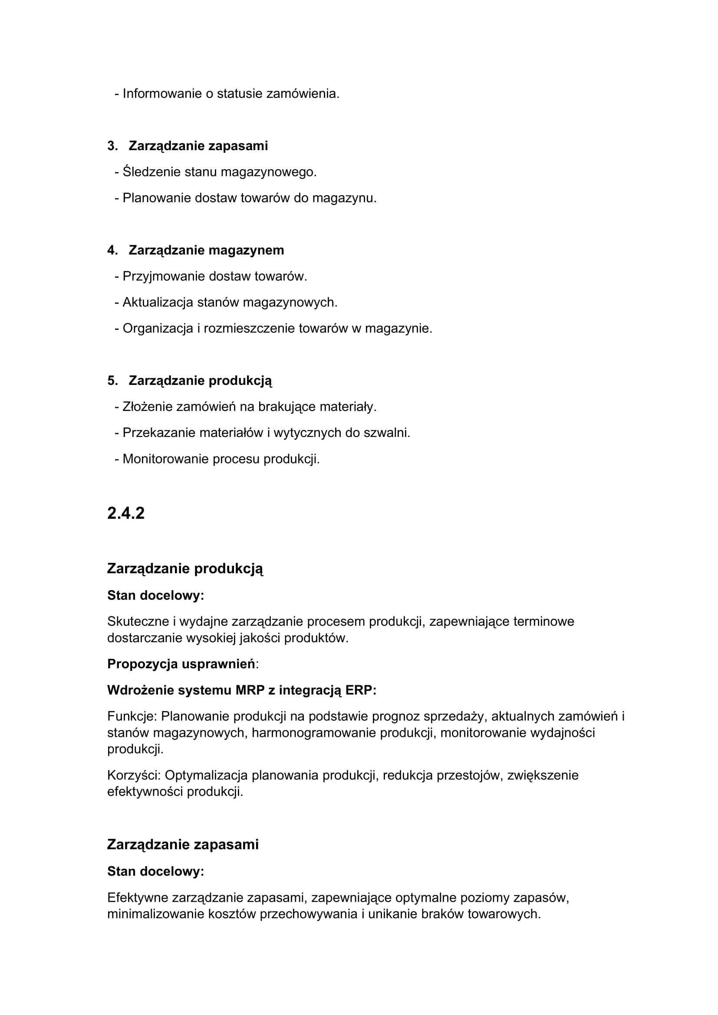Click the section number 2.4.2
(125, 513)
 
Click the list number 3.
(112, 146)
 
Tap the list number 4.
(112, 250)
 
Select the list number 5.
(112, 381)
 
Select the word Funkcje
(132, 716)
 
